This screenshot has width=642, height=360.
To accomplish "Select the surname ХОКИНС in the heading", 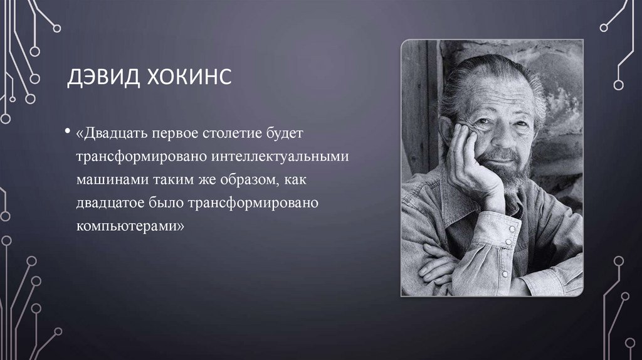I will coord(186,79).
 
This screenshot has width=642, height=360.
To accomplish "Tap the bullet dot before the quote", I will coord(66,134).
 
